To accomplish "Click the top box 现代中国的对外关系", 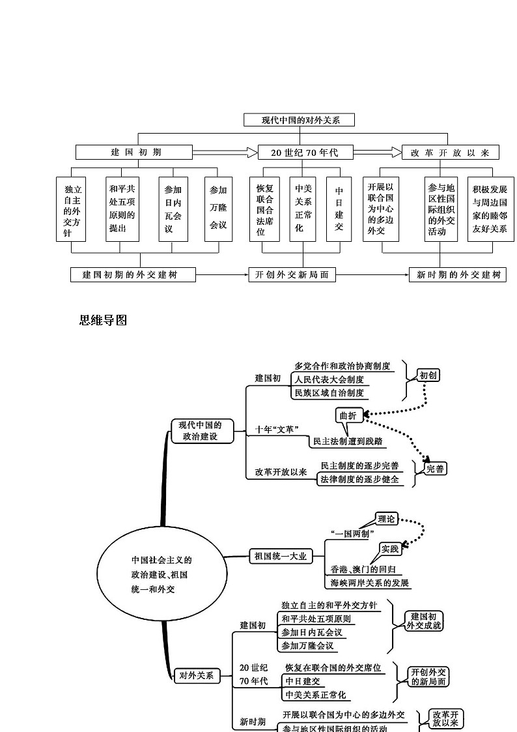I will click(300, 120).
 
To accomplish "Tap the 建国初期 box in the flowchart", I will click(134, 153).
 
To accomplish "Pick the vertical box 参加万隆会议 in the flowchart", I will click(218, 209).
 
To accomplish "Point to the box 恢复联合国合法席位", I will click(265, 209).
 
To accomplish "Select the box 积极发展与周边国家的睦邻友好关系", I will click(490, 209).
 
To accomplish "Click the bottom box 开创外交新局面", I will click(292, 275).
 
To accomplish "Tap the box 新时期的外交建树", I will click(457, 275).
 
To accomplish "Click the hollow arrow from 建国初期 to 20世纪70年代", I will click(225, 153).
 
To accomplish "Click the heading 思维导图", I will click(103, 320).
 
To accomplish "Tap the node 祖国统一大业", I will click(280, 556).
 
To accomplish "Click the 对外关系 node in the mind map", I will click(197, 676).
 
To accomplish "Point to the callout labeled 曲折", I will click(348, 416).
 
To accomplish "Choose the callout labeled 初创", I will click(428, 375).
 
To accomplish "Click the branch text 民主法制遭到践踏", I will click(348, 441).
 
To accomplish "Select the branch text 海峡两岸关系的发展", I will click(370, 583).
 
